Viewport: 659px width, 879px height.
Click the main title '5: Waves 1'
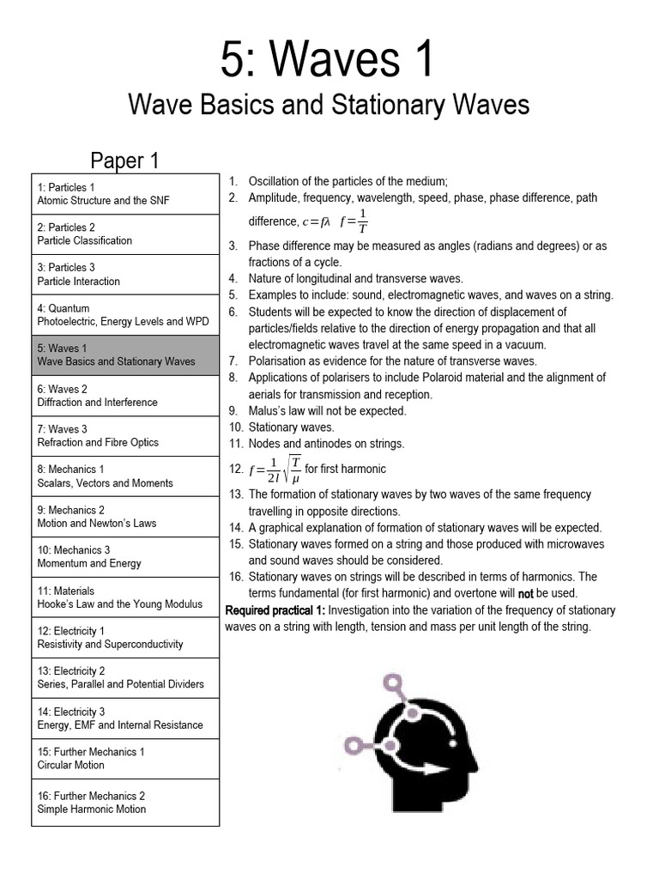point(329,61)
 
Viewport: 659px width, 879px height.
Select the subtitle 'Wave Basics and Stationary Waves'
point(329,105)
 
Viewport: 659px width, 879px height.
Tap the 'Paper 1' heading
point(125,161)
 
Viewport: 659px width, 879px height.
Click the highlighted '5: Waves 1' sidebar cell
point(125,355)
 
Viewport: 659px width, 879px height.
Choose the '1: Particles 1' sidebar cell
point(125,194)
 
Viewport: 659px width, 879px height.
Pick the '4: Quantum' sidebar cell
point(125,315)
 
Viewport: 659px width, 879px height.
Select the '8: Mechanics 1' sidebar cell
point(125,476)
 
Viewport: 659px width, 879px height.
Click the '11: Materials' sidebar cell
point(125,597)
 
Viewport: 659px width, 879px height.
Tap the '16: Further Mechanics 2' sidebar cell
point(125,803)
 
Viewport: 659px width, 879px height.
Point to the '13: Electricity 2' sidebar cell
point(125,678)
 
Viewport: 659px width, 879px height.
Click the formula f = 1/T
point(354,221)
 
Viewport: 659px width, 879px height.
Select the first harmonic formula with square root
point(275,470)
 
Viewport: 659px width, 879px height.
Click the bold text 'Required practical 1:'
point(275,610)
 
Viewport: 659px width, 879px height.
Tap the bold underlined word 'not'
point(526,593)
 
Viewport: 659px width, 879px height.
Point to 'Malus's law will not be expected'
point(327,411)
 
